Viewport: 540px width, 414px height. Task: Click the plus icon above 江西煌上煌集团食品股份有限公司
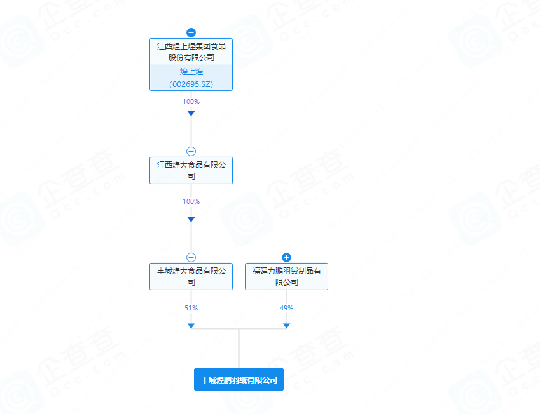pyautogui.click(x=191, y=32)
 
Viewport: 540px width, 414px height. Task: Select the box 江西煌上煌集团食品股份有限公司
pyautogui.click(x=191, y=64)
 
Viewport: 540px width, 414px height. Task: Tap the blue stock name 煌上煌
pyautogui.click(x=191, y=72)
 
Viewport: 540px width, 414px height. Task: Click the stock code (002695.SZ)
pyautogui.click(x=191, y=84)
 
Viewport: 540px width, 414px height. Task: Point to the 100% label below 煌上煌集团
pyautogui.click(x=191, y=102)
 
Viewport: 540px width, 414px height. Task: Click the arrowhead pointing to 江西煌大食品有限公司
pyautogui.click(x=191, y=114)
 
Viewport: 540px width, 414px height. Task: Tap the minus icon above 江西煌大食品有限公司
pyautogui.click(x=191, y=151)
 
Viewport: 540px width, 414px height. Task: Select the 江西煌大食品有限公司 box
pyautogui.click(x=191, y=171)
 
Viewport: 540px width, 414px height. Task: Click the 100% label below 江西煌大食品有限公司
pyautogui.click(x=191, y=201)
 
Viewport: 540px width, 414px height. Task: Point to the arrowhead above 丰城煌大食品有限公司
pyautogui.click(x=191, y=219)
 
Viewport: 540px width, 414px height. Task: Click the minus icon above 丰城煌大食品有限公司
pyautogui.click(x=191, y=257)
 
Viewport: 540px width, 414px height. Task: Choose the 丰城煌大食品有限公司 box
pyautogui.click(x=191, y=276)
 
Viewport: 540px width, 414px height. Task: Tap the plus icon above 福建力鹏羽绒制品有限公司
pyautogui.click(x=286, y=257)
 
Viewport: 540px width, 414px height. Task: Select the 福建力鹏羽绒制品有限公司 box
pyautogui.click(x=286, y=276)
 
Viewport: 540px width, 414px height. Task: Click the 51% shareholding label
pyautogui.click(x=191, y=308)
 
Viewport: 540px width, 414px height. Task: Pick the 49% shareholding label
pyautogui.click(x=286, y=308)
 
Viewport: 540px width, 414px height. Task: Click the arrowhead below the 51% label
pyautogui.click(x=191, y=326)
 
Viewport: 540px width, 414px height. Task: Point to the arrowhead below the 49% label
pyautogui.click(x=286, y=326)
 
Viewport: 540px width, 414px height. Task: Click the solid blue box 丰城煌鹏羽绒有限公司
pyautogui.click(x=239, y=380)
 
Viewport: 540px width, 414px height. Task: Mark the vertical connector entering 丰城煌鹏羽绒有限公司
pyautogui.click(x=239, y=349)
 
